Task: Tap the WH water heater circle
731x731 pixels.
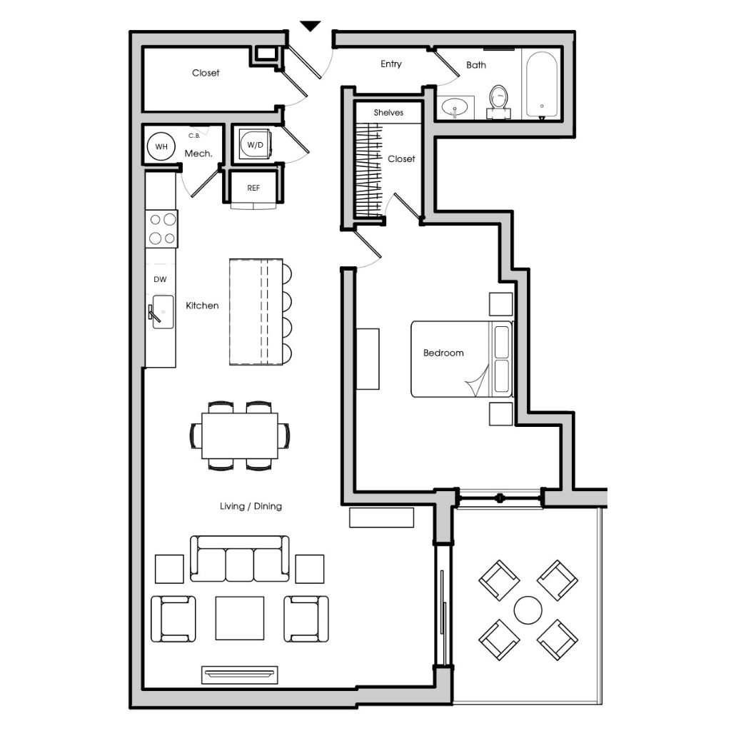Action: tap(161, 146)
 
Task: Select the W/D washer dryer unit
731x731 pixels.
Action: tap(255, 144)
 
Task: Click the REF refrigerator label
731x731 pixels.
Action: tap(253, 188)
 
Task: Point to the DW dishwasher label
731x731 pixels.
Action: tap(160, 279)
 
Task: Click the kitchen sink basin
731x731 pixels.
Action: tap(163, 311)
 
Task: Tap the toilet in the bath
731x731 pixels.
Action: tap(499, 101)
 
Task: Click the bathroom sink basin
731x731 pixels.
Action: tap(455, 107)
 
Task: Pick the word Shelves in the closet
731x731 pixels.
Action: tap(388, 112)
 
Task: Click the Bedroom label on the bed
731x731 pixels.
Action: tap(443, 353)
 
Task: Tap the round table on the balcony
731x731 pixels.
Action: tap(528, 610)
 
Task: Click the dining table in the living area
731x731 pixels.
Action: tap(240, 435)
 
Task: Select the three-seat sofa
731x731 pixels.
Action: tap(240, 558)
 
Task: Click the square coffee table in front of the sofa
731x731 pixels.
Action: tap(240, 618)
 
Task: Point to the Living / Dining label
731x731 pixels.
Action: tap(251, 506)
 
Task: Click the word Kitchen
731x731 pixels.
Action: tap(202, 306)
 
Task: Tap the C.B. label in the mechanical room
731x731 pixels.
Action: tap(194, 136)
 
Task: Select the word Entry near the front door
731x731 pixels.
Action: tap(390, 64)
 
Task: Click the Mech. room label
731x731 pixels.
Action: tap(198, 153)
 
